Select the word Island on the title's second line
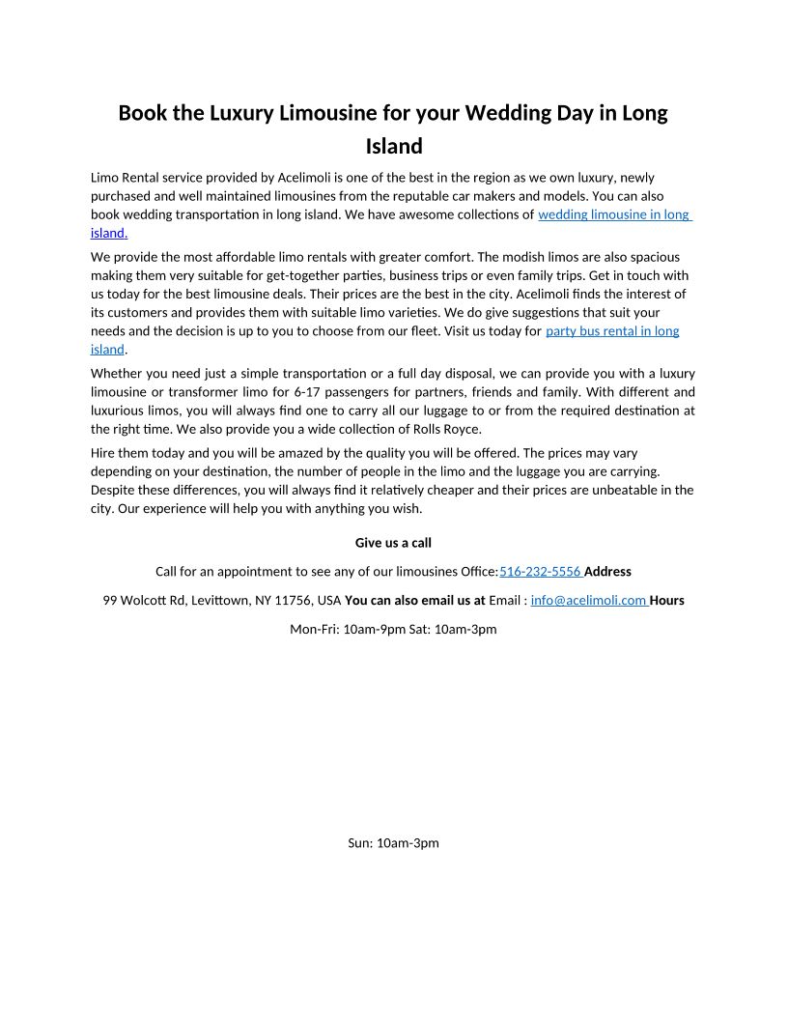coord(394,147)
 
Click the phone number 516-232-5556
coord(539,572)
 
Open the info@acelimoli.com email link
coord(588,601)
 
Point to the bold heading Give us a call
coord(393,543)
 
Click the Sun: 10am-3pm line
coord(393,843)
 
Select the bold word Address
coord(607,572)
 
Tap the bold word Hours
coord(667,601)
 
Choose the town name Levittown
coord(220,601)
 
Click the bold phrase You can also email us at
coord(414,601)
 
